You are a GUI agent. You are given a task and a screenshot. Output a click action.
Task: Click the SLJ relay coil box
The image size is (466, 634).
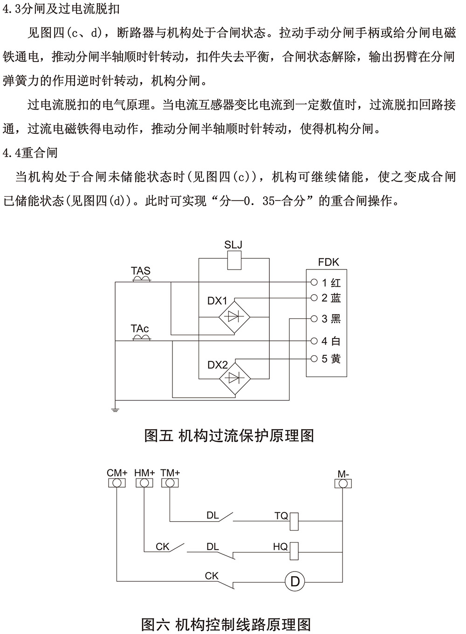tap(234, 260)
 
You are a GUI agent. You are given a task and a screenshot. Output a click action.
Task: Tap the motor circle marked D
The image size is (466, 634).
tap(295, 581)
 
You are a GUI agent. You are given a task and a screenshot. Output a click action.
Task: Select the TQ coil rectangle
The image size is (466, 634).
tap(294, 520)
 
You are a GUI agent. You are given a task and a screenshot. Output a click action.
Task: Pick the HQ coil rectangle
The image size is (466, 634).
tap(294, 551)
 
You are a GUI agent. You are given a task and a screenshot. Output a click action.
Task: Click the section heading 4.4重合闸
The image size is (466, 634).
tap(30, 152)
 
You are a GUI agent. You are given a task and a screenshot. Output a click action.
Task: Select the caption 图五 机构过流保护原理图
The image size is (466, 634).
tap(229, 435)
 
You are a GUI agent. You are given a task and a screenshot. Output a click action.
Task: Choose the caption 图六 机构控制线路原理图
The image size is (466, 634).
tap(226, 624)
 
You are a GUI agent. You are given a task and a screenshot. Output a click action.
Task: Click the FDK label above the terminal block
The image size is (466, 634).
tap(329, 262)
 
